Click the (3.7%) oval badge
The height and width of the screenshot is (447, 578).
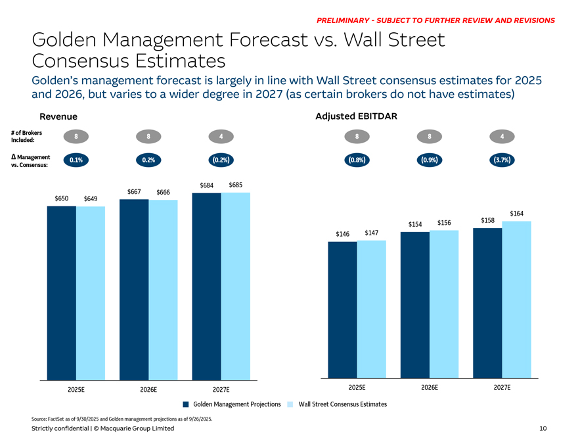502,160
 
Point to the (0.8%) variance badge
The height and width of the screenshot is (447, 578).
356,160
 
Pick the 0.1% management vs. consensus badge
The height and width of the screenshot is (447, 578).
76,160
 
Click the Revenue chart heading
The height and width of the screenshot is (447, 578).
58,116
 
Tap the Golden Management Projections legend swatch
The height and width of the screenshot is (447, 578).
187,404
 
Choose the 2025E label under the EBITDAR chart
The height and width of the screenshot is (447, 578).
357,387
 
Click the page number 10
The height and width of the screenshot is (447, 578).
543,429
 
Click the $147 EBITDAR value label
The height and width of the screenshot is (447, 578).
371,233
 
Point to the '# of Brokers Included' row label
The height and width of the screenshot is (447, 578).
27,136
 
